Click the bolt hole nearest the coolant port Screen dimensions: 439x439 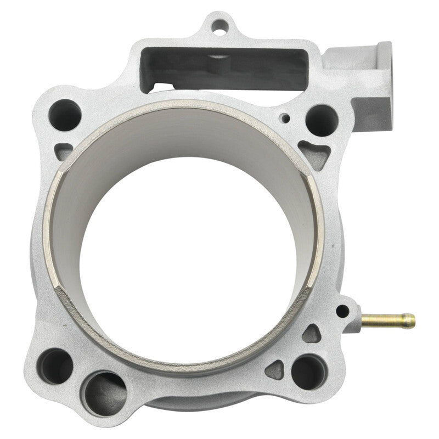pyautogui.click(x=320, y=120)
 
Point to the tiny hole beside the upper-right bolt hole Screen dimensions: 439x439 pyautogui.click(x=285, y=117)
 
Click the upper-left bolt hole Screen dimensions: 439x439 pyautogui.click(x=65, y=115)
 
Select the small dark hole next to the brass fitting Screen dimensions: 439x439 pyautogui.click(x=342, y=311)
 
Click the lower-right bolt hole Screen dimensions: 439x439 pyautogui.click(x=309, y=372)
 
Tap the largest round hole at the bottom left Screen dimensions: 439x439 pyautogui.click(x=105, y=393)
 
